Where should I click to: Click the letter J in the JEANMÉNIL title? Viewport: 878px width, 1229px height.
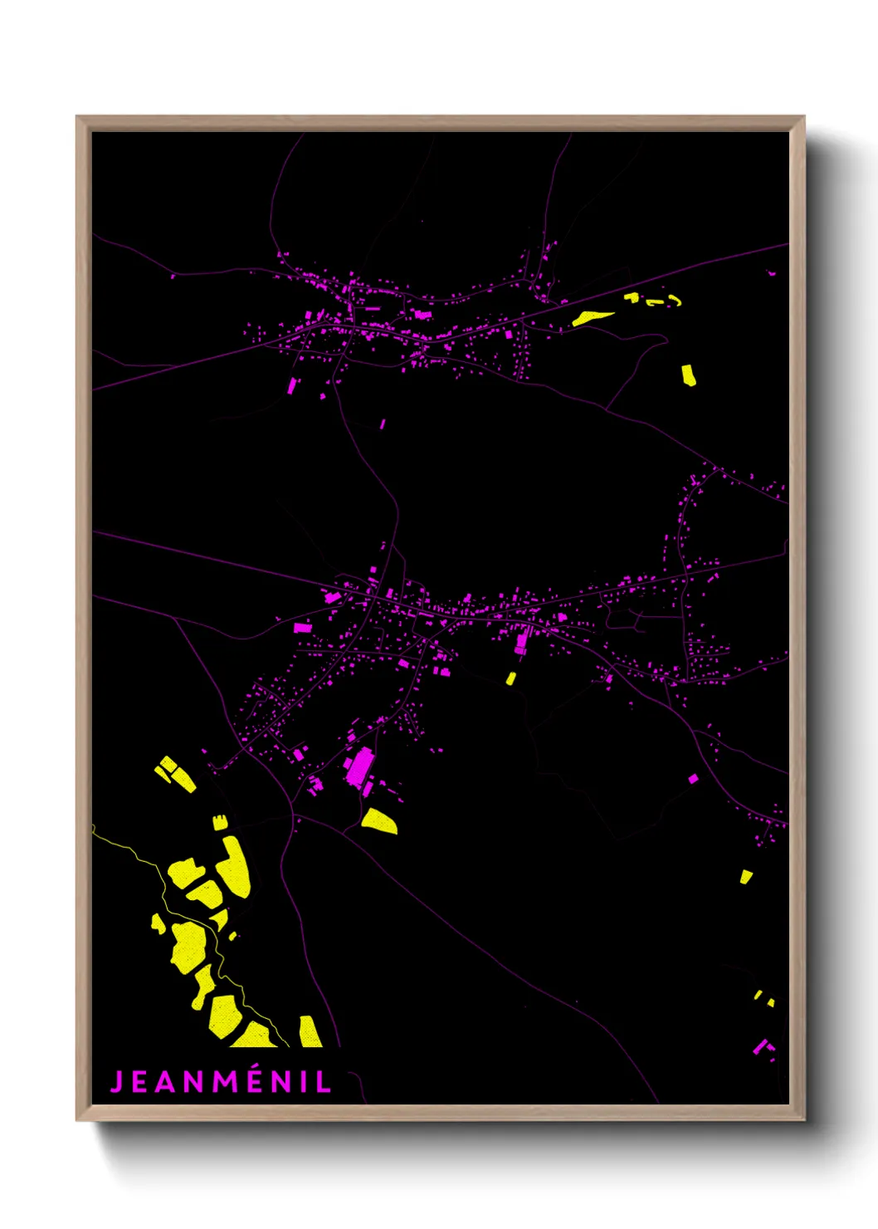point(117,1082)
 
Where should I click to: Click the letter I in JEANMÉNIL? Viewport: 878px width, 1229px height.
point(307,1082)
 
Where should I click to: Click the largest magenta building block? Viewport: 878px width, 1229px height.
point(360,766)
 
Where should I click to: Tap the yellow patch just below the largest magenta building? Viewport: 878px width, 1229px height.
point(379,820)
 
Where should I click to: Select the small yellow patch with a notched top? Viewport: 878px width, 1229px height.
point(220,822)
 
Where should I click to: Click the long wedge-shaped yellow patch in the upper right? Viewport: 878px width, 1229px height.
point(593,317)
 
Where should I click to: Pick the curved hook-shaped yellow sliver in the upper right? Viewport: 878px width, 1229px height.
point(674,300)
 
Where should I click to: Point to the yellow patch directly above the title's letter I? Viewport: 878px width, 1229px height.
point(310,1031)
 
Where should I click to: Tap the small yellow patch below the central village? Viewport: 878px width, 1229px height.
point(511,678)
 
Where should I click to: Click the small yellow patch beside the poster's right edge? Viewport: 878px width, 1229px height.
point(745,876)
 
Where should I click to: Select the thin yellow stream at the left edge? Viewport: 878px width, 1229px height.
point(124,846)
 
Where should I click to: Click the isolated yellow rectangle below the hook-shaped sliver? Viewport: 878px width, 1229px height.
point(689,375)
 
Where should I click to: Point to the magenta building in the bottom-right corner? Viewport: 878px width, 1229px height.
point(760,1046)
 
